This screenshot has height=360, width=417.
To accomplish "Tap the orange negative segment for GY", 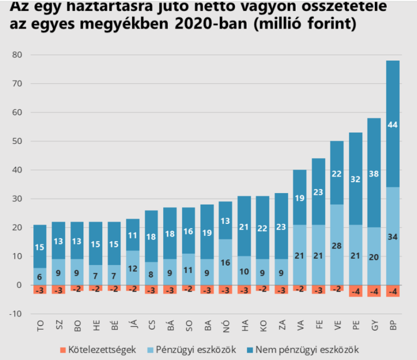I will tap(374, 291).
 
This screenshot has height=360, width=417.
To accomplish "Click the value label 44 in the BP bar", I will tap(393, 125).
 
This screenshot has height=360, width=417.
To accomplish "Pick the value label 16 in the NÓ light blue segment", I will tap(225, 262).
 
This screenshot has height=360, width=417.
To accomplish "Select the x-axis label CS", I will tap(152, 327).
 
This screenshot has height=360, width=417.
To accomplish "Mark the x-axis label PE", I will tap(355, 327).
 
